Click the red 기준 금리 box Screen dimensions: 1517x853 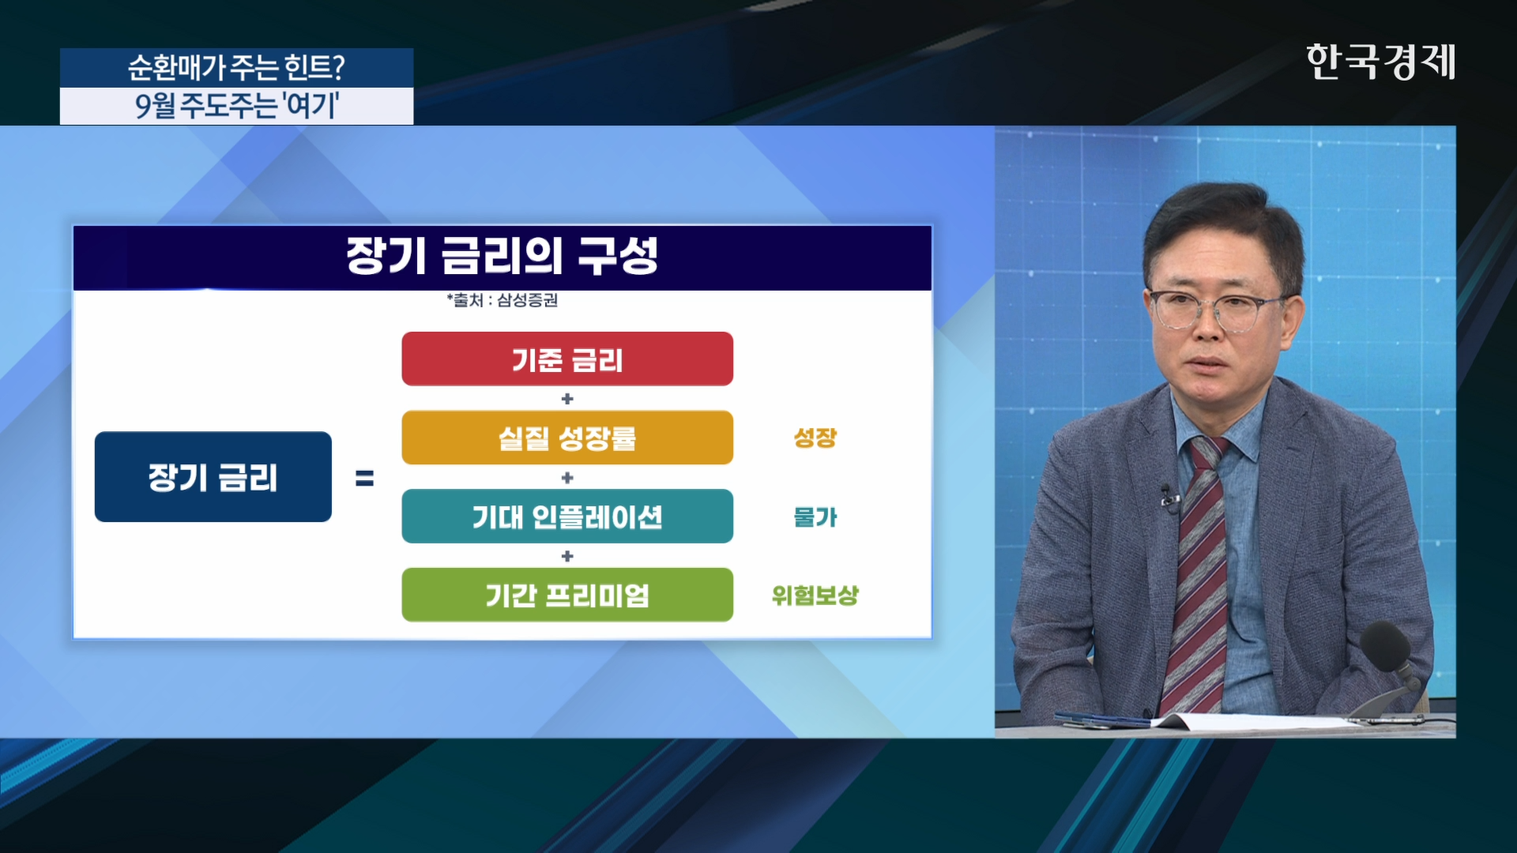[x=567, y=359]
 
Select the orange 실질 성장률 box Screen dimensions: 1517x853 [x=567, y=438]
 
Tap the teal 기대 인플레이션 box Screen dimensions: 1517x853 [x=567, y=517]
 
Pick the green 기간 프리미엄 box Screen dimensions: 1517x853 [x=567, y=595]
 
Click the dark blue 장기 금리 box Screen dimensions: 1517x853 [x=213, y=477]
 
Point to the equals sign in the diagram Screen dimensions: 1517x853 [x=364, y=478]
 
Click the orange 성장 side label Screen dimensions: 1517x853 [x=815, y=438]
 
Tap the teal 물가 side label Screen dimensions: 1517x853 [x=815, y=517]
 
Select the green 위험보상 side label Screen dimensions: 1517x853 [x=815, y=596]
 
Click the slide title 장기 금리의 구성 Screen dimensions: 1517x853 [x=502, y=256]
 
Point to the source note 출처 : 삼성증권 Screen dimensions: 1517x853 [x=503, y=300]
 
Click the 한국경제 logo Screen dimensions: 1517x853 [x=1380, y=62]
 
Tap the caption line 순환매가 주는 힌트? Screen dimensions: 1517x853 [x=236, y=68]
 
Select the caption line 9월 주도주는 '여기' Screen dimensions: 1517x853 [x=236, y=106]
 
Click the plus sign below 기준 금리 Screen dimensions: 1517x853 [x=567, y=399]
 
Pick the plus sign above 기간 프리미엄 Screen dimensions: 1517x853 [x=567, y=556]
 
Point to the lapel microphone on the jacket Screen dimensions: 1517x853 [x=1168, y=498]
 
